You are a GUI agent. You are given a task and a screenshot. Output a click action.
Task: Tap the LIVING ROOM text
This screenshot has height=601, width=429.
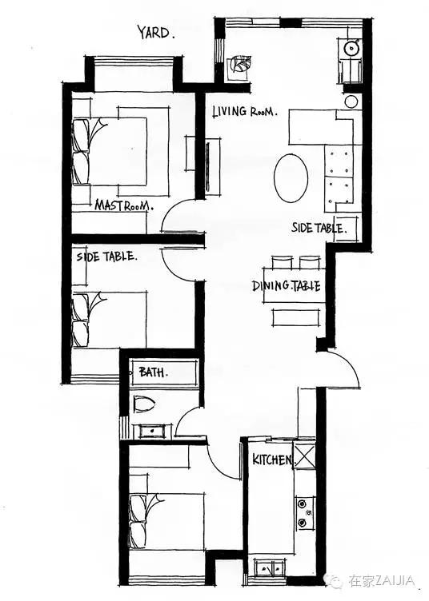point(244,112)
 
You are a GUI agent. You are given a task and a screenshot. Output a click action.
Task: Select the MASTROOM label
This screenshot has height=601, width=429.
point(124,205)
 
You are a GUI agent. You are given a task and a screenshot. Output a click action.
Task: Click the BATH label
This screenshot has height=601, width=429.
point(153,372)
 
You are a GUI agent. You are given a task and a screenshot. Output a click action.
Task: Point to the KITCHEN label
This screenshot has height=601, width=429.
point(272,460)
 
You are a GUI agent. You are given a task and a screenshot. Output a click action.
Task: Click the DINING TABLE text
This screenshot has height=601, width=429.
point(287,286)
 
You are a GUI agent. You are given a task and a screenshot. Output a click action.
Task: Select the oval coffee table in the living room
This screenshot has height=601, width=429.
point(291,178)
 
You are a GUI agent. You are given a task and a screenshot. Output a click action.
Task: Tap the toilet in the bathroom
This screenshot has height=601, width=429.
point(144,404)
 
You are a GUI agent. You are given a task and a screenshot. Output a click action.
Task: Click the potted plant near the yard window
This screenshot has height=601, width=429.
point(239,65)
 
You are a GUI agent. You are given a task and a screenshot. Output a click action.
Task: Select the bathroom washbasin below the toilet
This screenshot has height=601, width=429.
point(152,431)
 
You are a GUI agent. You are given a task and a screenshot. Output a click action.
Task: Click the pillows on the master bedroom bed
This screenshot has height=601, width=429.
point(81,152)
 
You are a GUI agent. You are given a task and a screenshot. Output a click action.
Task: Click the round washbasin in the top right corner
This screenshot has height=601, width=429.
point(351,48)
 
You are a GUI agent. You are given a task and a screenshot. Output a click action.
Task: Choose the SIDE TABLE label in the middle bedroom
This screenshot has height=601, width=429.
point(106,256)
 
